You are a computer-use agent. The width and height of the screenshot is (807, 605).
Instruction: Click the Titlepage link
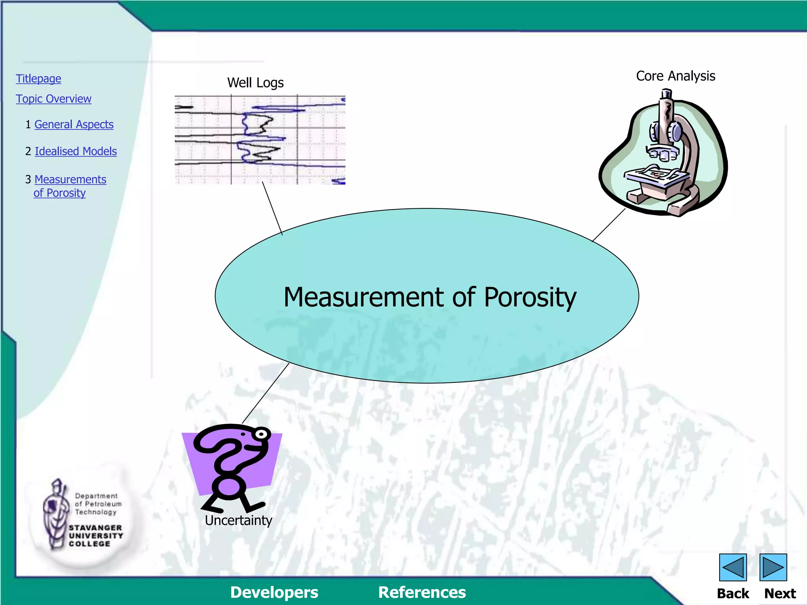[39, 79]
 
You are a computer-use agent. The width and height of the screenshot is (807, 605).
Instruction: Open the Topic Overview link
[54, 99]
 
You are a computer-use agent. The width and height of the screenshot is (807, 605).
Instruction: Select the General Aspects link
[74, 124]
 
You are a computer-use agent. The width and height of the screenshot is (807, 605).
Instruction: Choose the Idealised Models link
[76, 151]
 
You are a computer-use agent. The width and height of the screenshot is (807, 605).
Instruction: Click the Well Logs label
[255, 83]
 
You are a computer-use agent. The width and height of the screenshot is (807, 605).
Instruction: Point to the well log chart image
[260, 139]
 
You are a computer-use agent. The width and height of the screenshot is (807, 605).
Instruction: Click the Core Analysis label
[675, 76]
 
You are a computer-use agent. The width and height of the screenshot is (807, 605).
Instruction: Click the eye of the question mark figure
[261, 434]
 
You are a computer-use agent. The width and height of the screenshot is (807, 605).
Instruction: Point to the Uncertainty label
[238, 520]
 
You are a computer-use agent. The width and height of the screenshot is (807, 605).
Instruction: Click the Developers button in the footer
[274, 592]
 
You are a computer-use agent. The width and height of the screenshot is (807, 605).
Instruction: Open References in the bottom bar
[422, 592]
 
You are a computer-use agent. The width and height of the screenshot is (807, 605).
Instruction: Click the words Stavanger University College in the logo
[95, 536]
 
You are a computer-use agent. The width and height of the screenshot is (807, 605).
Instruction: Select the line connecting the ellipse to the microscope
[609, 225]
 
